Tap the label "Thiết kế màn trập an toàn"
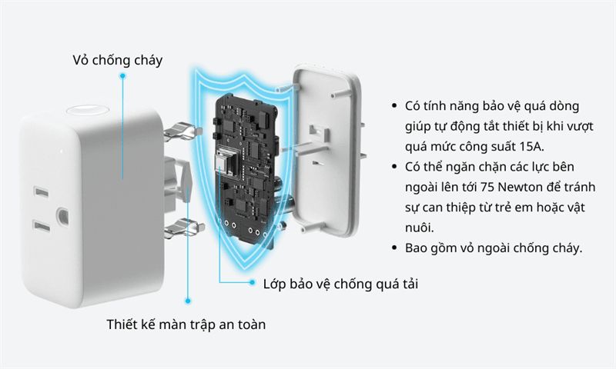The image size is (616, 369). [186, 324]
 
